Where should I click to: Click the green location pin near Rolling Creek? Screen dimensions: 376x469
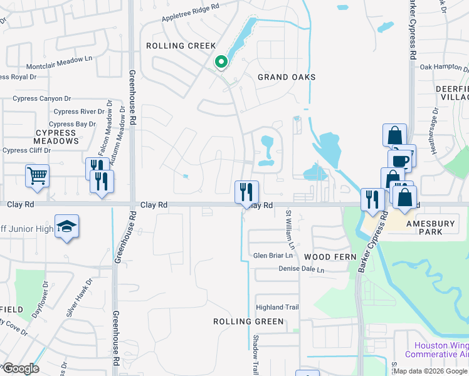221,62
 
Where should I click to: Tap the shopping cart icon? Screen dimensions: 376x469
38,175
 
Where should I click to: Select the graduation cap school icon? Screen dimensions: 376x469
67,227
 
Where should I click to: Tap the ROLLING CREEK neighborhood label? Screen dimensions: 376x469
181,46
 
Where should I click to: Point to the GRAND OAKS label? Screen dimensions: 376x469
287,77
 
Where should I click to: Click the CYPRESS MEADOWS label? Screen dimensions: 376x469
48,137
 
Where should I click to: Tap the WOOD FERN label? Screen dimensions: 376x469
330,257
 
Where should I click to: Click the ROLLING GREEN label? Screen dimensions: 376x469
249,321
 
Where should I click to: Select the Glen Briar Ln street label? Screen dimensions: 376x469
273,256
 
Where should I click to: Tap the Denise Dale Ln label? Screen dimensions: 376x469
302,270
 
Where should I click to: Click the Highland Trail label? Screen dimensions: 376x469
277,307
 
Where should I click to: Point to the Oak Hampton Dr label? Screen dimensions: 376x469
444,66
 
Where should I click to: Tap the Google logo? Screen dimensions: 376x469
21,368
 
